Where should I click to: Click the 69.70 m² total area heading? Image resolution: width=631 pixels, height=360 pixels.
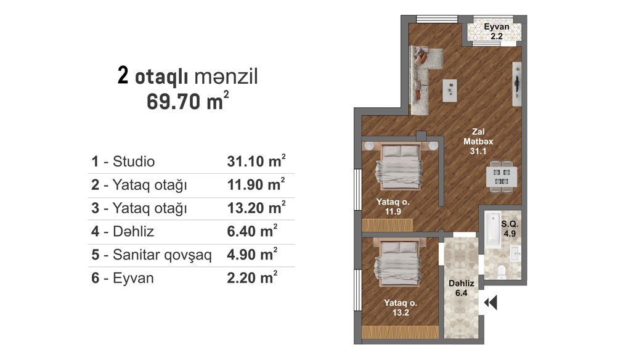(187, 100)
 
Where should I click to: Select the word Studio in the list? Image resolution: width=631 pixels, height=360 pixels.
(134, 162)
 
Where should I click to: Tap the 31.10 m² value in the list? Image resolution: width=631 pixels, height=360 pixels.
(256, 161)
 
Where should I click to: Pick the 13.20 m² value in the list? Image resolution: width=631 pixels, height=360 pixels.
(256, 207)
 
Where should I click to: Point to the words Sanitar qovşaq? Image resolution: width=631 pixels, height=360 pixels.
(162, 255)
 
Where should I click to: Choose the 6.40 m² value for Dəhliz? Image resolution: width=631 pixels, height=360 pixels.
(252, 231)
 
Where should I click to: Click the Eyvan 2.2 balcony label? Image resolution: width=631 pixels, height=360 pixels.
(497, 31)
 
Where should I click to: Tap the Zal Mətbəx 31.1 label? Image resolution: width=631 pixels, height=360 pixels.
(478, 141)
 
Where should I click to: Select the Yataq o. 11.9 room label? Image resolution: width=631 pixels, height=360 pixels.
(393, 207)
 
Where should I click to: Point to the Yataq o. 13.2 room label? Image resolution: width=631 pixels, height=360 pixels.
(401, 308)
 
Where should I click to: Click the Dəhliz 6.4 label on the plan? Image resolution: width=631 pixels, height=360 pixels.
(461, 288)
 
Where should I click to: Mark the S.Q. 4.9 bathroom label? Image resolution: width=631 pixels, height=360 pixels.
(510, 229)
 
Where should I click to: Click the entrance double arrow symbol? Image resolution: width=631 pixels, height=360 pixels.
(491, 303)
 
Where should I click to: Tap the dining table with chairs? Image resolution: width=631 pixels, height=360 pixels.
(502, 176)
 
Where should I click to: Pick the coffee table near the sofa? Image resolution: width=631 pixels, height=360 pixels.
(450, 90)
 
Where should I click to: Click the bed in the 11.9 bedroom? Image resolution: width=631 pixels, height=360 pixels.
(399, 166)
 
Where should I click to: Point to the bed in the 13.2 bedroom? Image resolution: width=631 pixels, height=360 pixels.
(397, 262)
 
